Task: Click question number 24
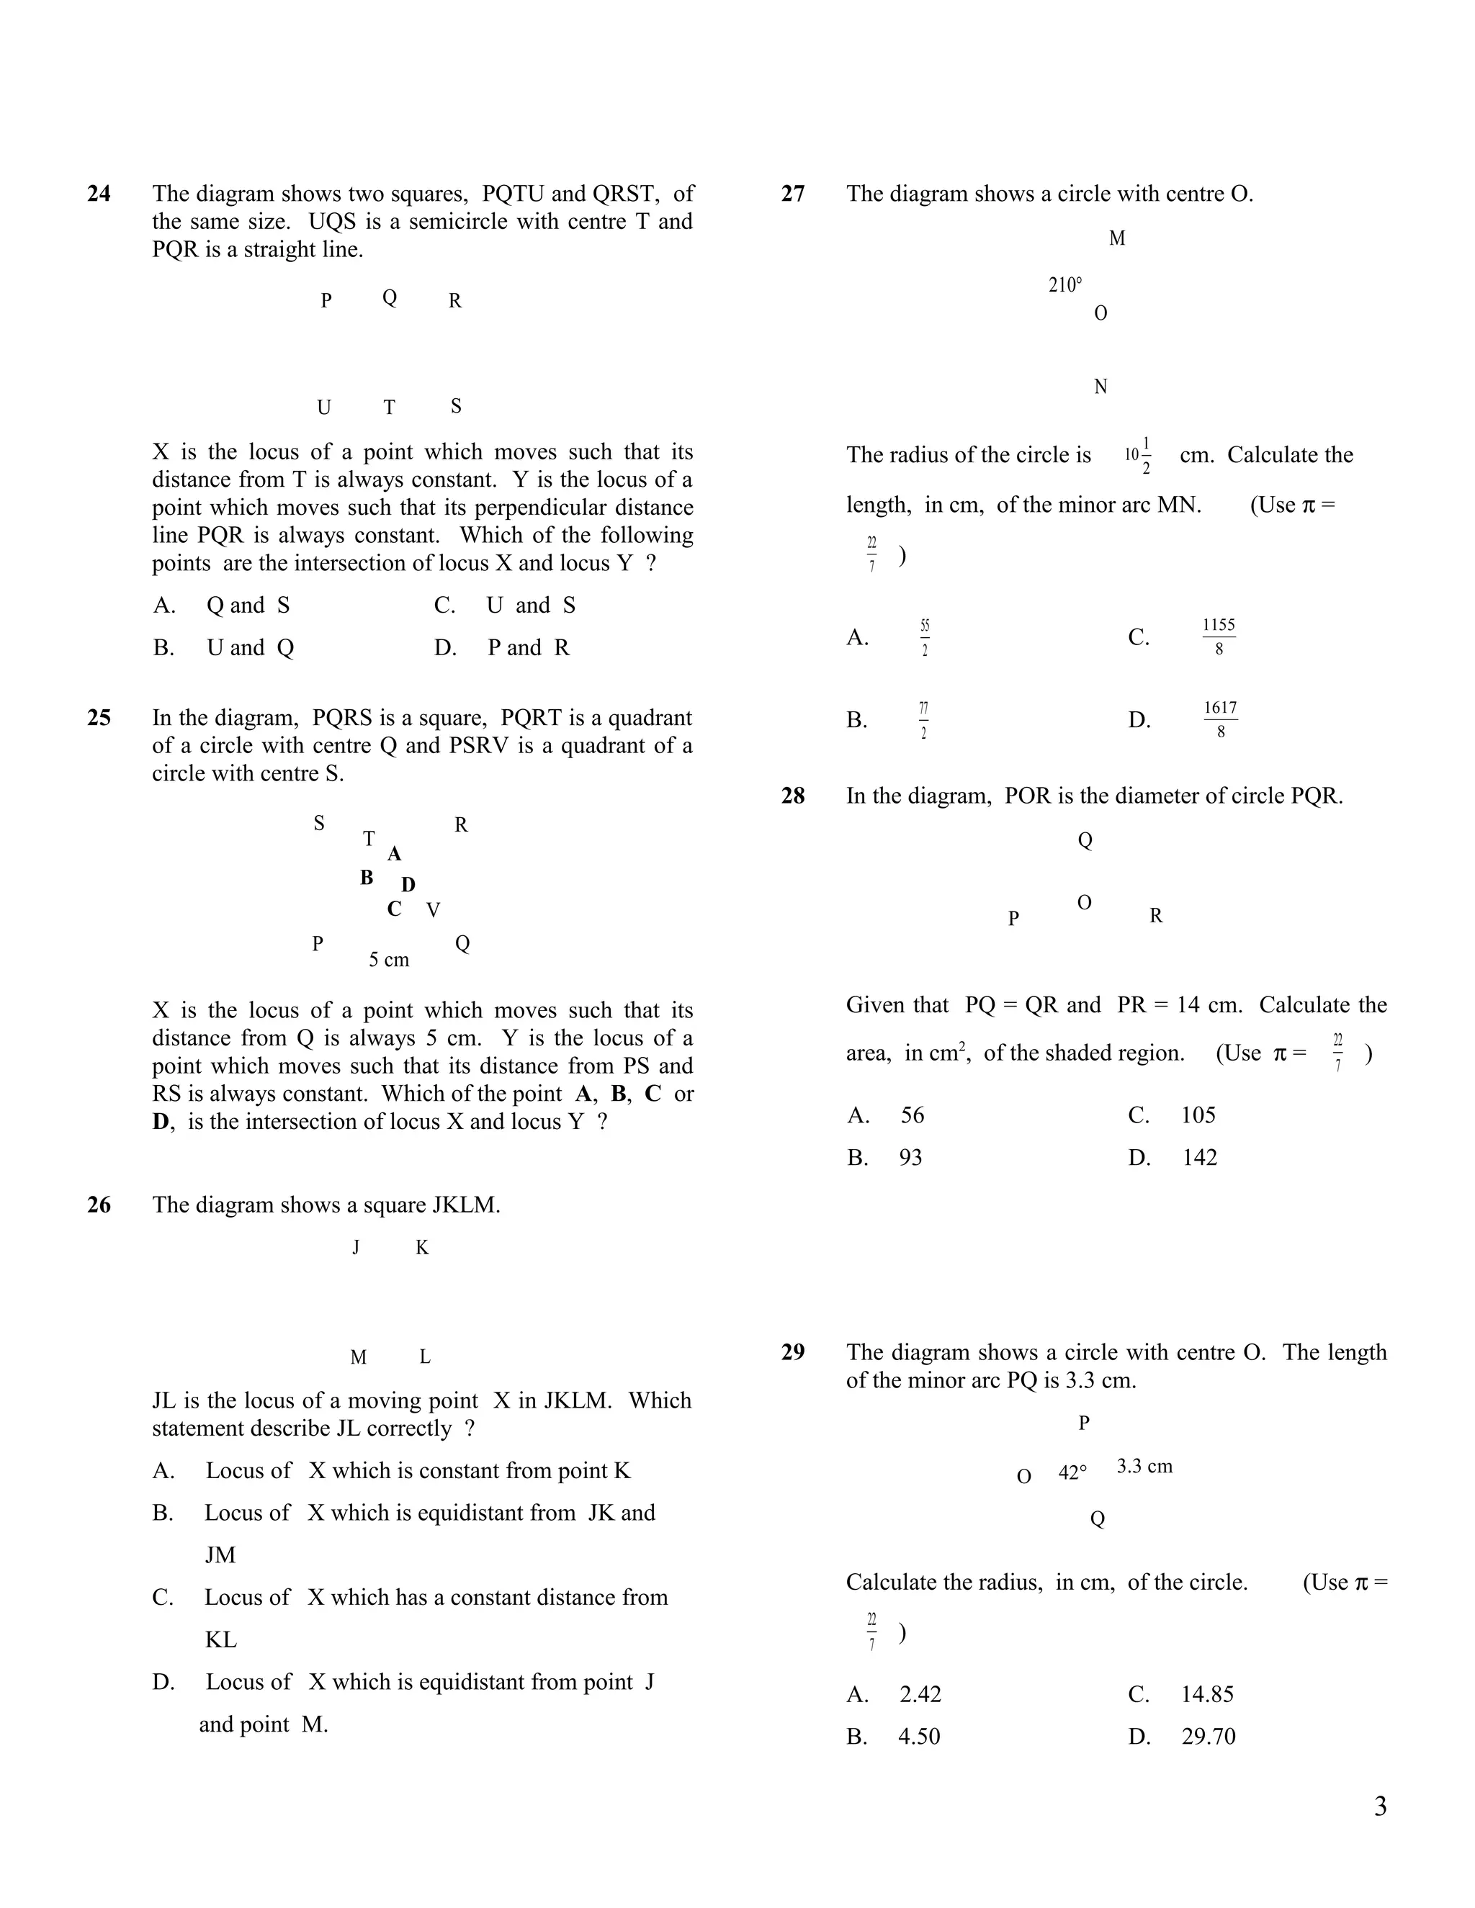99,194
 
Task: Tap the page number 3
1380,1806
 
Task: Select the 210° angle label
1064,285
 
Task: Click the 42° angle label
1072,1473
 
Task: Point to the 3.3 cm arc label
1144,1466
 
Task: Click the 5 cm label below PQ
389,960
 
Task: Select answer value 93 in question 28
910,1158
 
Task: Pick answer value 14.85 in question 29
1207,1695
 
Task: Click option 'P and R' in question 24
528,648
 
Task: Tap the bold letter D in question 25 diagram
408,885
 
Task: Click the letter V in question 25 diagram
434,910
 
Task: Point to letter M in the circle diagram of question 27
1117,238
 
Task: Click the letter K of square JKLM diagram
422,1248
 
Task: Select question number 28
792,796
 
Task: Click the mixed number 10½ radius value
1138,455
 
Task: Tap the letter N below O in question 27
1100,387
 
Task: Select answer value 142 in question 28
1199,1158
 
